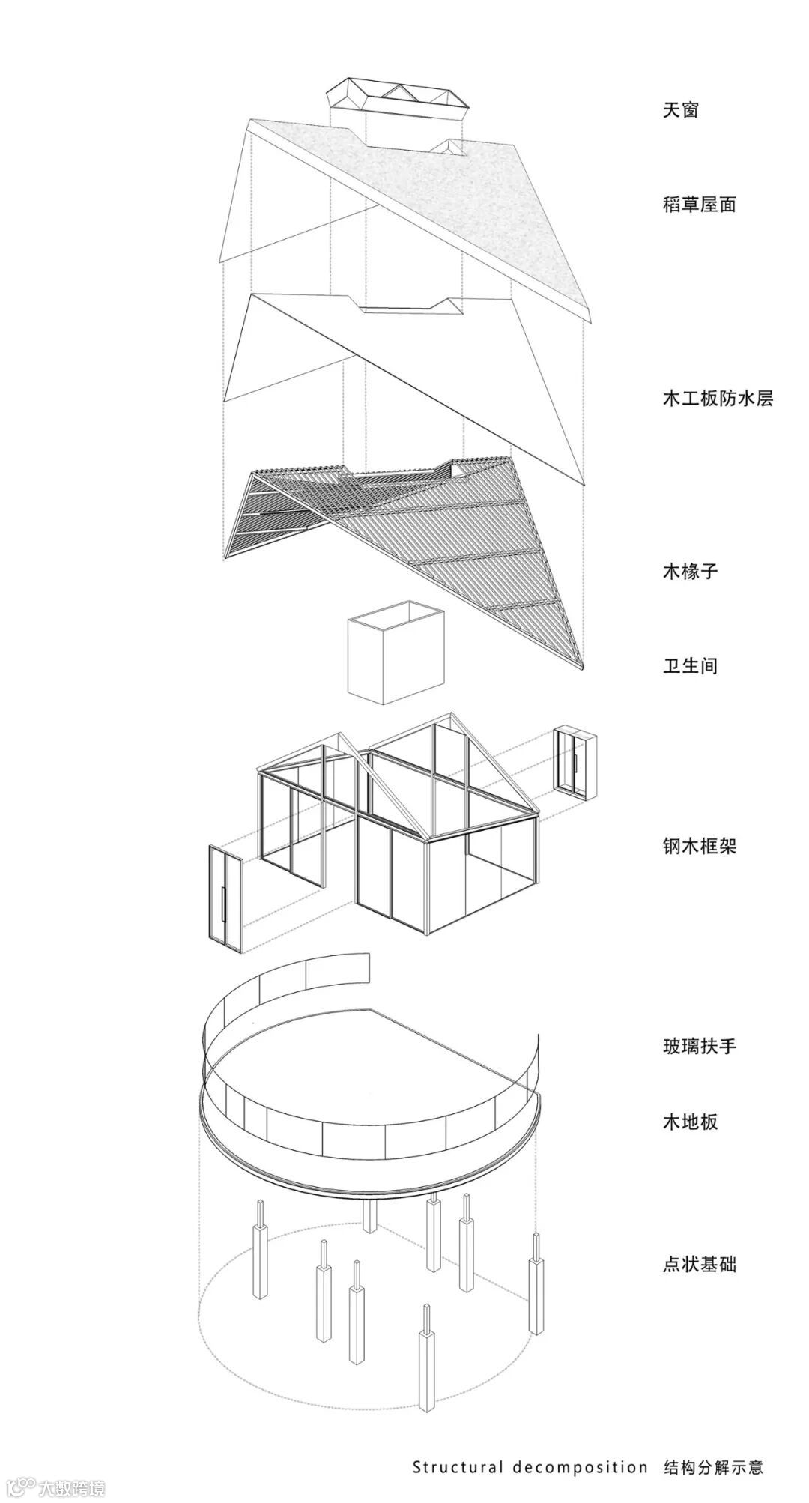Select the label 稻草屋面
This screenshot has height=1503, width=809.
click(x=699, y=204)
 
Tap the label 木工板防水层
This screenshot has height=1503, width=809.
click(x=718, y=398)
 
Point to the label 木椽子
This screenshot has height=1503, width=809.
click(x=690, y=571)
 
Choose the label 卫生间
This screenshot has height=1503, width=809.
click(x=690, y=665)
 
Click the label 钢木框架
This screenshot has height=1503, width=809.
click(x=699, y=846)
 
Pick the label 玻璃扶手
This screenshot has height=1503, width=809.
click(x=699, y=1045)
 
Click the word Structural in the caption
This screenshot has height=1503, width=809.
click(x=458, y=1467)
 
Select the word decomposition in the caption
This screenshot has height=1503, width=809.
click(x=580, y=1467)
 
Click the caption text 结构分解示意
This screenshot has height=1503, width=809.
click(x=713, y=1467)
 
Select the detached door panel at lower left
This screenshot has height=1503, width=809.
click(x=225, y=899)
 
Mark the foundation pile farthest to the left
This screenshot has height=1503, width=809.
click(x=261, y=1229)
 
